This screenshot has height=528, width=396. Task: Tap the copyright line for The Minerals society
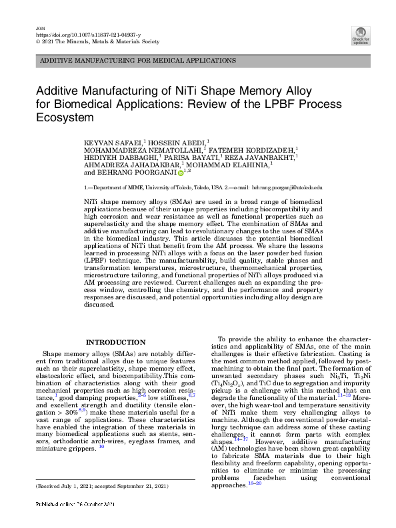96,41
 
